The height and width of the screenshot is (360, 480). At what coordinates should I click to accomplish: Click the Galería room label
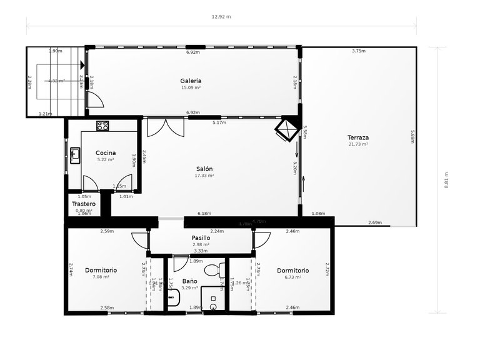pyautogui.click(x=191, y=81)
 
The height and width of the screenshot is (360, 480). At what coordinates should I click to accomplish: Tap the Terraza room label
pyautogui.click(x=358, y=137)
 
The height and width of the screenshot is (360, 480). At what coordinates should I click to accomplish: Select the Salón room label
pyautogui.click(x=204, y=169)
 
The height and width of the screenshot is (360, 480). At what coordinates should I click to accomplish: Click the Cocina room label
pyautogui.click(x=106, y=152)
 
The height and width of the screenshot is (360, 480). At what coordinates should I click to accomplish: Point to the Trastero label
pyautogui.click(x=83, y=204)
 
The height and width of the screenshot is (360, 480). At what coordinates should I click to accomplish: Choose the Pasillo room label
pyautogui.click(x=201, y=237)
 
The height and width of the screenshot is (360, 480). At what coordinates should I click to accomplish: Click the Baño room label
pyautogui.click(x=190, y=281)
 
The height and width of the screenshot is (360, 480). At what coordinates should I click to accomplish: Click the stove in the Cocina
pyautogui.click(x=102, y=126)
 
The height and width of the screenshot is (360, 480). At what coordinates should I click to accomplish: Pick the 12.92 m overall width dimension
pyautogui.click(x=221, y=17)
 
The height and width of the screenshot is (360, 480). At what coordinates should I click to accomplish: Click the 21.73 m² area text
pyautogui.click(x=358, y=144)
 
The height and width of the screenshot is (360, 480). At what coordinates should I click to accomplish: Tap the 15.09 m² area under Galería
pyautogui.click(x=191, y=87)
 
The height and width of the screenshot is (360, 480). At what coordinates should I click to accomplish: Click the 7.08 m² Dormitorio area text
pyautogui.click(x=101, y=277)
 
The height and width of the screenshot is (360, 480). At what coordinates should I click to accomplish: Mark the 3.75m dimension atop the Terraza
pyautogui.click(x=358, y=51)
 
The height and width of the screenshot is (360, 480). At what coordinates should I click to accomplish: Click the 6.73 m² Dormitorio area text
pyautogui.click(x=292, y=277)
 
